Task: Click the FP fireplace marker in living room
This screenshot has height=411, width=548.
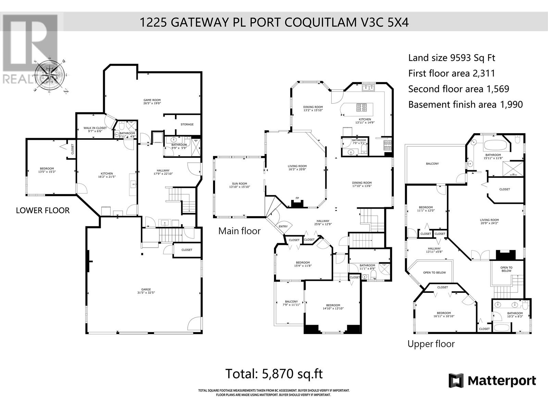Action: tap(297, 198)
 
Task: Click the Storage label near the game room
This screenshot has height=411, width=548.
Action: tap(187, 124)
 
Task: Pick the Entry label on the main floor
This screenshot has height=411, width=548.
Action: tap(283, 226)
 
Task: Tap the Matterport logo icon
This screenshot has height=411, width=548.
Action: tap(456, 381)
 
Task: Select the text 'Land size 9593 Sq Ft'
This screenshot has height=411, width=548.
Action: tap(451, 58)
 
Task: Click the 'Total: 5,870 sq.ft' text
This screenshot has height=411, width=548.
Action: tap(274, 373)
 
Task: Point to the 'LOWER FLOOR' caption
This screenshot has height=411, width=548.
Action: tap(43, 210)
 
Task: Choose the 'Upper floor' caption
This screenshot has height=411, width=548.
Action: tap(431, 344)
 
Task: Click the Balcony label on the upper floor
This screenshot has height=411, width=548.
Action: tap(432, 164)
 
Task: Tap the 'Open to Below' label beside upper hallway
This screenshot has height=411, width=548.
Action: tap(434, 273)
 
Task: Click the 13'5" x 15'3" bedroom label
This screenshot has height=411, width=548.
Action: tap(47, 170)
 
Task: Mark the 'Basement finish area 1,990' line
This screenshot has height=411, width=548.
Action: tap(465, 104)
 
